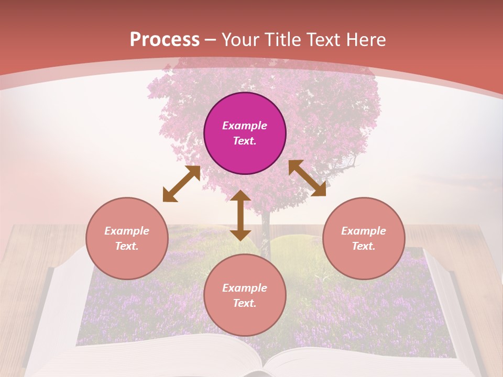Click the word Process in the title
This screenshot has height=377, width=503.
(165, 40)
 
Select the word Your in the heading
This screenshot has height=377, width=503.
(240, 40)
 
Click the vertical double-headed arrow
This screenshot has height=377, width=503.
(240, 216)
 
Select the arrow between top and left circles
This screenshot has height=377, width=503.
(181, 184)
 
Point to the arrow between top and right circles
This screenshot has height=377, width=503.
(307, 178)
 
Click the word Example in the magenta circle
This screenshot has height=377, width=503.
(245, 126)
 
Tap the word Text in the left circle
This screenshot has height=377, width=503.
(127, 246)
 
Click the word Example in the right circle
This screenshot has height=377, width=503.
(364, 231)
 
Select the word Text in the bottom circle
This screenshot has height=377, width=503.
(245, 303)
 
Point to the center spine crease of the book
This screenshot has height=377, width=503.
(265, 364)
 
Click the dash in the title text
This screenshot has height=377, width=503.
(211, 40)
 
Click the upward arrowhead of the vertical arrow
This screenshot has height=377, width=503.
(240, 196)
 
